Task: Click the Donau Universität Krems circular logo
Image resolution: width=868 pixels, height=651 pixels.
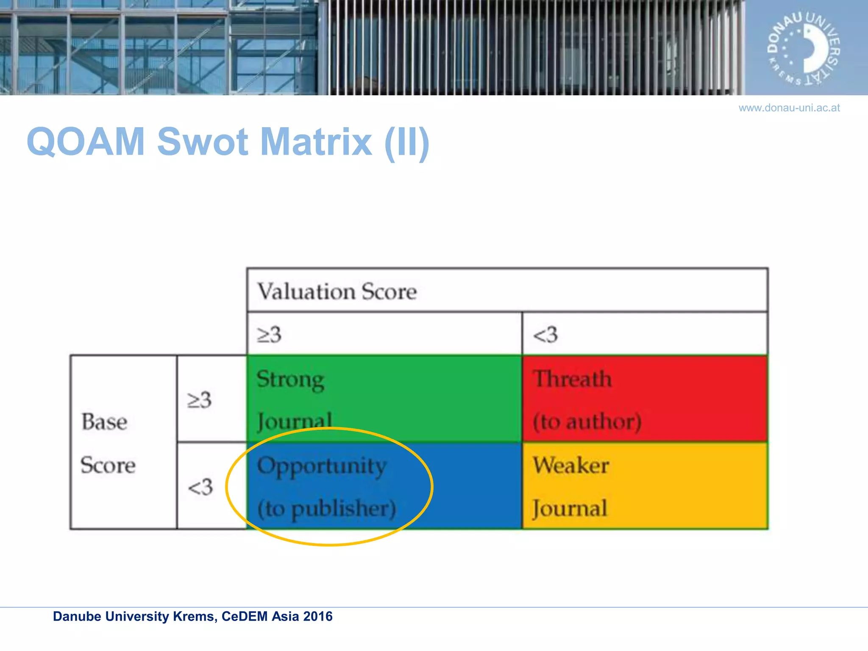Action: [x=804, y=48]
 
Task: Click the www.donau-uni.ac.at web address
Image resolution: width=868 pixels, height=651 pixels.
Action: [x=789, y=108]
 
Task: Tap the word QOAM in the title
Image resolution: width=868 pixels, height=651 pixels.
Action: [x=86, y=142]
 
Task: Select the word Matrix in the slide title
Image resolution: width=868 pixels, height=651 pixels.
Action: [x=316, y=142]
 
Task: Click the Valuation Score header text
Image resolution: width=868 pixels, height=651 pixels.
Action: [x=337, y=292]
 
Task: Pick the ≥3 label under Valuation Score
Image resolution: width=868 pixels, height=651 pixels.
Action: [x=269, y=334]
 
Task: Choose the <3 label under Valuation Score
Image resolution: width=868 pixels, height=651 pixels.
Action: [x=545, y=334]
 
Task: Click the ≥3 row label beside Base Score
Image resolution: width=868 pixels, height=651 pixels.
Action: [x=199, y=400]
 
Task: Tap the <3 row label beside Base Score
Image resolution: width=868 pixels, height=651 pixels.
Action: [x=200, y=487]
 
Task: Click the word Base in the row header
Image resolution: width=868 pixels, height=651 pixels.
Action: [x=104, y=422]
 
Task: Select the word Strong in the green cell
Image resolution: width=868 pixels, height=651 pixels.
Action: [x=290, y=380]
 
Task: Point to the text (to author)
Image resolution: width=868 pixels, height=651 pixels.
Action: [x=587, y=422]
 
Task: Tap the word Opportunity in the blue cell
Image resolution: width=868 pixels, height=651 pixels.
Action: [x=322, y=467]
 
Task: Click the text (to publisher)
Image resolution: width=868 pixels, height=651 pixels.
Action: [x=326, y=509]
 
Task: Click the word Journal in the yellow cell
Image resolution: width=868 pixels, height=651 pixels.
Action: [x=570, y=509]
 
